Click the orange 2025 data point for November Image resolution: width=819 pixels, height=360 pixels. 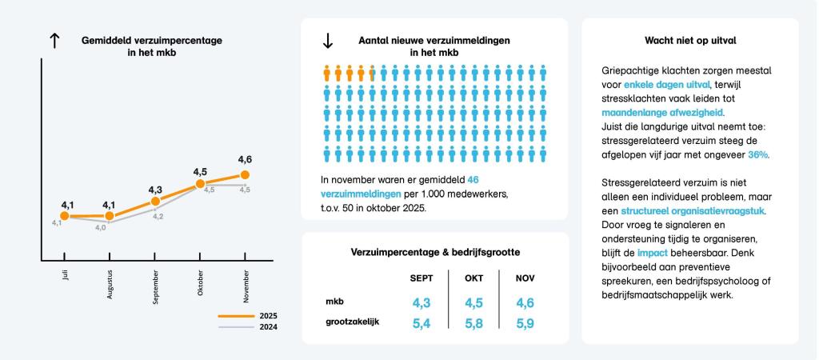click(x=245, y=174)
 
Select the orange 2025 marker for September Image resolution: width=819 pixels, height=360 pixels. click(x=155, y=201)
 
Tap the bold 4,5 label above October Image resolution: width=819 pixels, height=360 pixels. click(x=200, y=171)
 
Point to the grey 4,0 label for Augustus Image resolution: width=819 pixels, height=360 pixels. click(x=101, y=228)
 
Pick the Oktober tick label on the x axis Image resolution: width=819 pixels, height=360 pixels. click(x=200, y=282)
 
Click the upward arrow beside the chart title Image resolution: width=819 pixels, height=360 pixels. click(x=55, y=42)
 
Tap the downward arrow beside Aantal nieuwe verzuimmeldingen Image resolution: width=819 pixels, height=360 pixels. click(x=327, y=41)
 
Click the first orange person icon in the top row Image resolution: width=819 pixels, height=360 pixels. click(x=327, y=74)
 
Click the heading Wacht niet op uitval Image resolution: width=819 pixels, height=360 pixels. click(x=689, y=40)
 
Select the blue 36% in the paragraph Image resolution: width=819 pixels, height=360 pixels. click(x=760, y=154)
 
